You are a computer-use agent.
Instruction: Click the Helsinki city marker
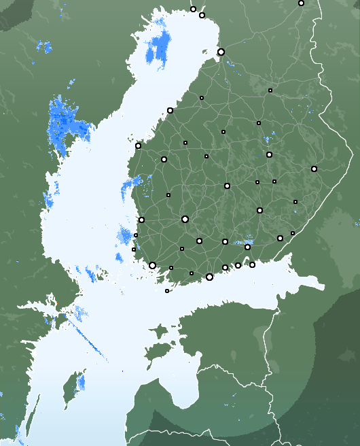209,277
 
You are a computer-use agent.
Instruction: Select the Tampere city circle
185,219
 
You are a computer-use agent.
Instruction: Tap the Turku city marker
152,265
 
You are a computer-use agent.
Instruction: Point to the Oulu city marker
221,52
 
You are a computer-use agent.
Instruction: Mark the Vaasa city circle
138,145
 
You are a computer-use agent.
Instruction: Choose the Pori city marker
141,220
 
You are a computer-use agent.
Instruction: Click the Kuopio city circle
269,154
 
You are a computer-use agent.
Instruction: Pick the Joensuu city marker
314,169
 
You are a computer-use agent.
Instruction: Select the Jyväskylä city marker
227,186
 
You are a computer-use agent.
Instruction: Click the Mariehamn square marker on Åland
167,291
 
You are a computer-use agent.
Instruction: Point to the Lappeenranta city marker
280,238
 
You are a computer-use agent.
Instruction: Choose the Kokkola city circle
170,110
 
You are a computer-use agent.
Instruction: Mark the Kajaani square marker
270,90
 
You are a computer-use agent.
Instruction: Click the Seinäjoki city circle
164,159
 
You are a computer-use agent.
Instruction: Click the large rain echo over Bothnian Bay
160,48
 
